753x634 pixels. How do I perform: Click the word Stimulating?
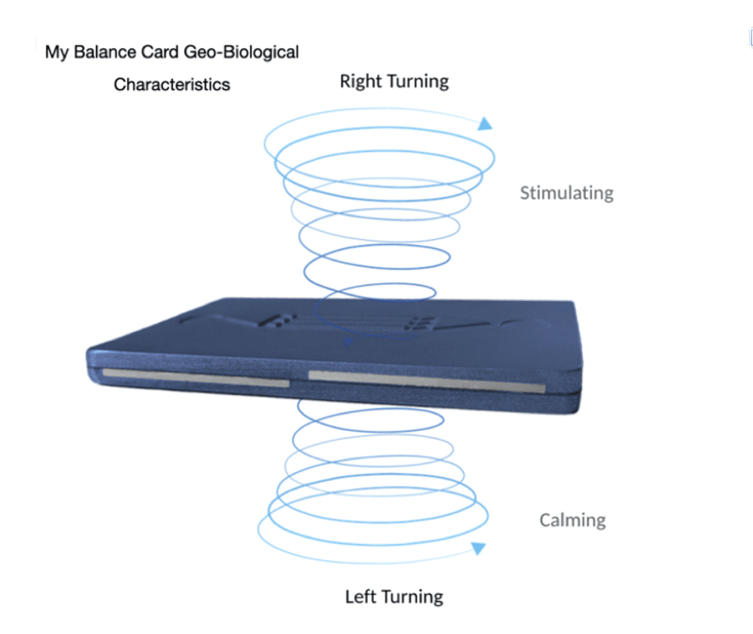566,193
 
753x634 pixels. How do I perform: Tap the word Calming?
572,520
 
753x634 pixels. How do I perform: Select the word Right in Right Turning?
360,81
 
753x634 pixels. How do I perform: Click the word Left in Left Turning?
360,597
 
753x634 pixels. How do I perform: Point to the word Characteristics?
172,85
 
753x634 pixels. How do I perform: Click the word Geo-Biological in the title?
242,53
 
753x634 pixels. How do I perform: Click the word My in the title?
57,53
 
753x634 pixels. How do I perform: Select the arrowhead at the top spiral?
485,124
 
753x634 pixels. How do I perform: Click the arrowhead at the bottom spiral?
478,548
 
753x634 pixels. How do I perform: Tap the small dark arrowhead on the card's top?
348,342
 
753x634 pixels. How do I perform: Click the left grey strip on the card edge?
196,378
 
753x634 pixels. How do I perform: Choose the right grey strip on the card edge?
427,381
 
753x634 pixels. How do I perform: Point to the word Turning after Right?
417,82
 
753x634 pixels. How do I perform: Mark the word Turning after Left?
412,598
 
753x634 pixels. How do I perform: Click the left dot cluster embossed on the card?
277,320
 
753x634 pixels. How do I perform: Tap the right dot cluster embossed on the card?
420,323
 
